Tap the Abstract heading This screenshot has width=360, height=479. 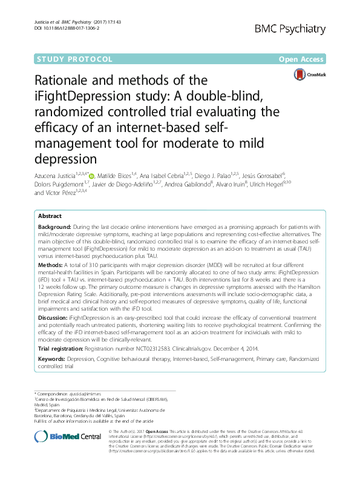click(50, 216)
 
